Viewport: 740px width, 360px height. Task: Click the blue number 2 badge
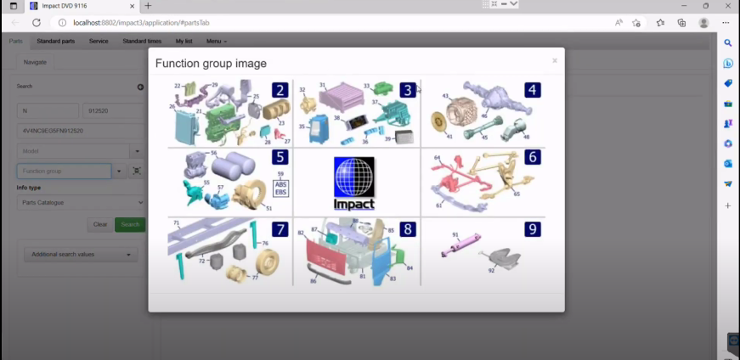point(280,90)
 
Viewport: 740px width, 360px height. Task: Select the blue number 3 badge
point(408,90)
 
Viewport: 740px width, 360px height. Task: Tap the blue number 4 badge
point(532,90)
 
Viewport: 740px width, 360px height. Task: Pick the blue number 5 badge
point(280,157)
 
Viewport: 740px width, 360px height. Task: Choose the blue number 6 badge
point(532,157)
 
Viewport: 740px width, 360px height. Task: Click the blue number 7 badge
point(280,229)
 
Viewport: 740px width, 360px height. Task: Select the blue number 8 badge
point(408,229)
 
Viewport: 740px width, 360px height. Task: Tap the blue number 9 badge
point(532,229)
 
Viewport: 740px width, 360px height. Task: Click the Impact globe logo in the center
point(353,183)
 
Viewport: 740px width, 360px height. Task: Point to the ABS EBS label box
point(281,188)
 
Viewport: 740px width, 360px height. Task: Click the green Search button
point(130,224)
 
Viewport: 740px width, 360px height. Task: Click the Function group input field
point(65,171)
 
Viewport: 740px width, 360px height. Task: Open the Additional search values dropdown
point(82,254)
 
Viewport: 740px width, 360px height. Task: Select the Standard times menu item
point(142,41)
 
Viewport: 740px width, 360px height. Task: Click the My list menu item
point(184,41)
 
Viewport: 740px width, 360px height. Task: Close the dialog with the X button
point(555,61)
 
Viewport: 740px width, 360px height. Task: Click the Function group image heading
point(211,63)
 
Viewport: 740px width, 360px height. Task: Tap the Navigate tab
point(36,62)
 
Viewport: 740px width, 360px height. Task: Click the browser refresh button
point(37,22)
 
